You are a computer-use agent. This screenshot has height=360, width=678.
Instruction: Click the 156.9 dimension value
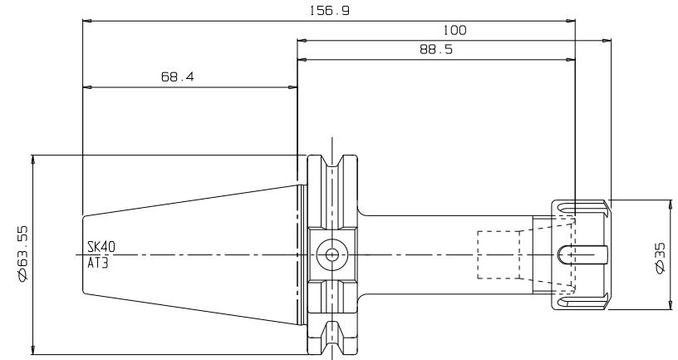[x=330, y=10]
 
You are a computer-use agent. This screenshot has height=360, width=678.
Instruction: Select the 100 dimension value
[x=455, y=30]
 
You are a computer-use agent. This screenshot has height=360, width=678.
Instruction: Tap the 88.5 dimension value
[x=436, y=49]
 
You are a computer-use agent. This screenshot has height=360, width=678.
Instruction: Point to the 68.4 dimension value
[x=178, y=77]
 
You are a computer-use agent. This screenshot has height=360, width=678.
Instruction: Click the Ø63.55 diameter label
[x=22, y=254]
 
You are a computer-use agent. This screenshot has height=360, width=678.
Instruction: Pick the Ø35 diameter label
[x=661, y=258]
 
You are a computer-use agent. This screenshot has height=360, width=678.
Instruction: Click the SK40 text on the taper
[x=101, y=247]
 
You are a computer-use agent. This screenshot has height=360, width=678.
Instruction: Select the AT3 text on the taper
[x=98, y=263]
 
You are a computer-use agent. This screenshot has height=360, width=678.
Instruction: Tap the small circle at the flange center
[x=332, y=255]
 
